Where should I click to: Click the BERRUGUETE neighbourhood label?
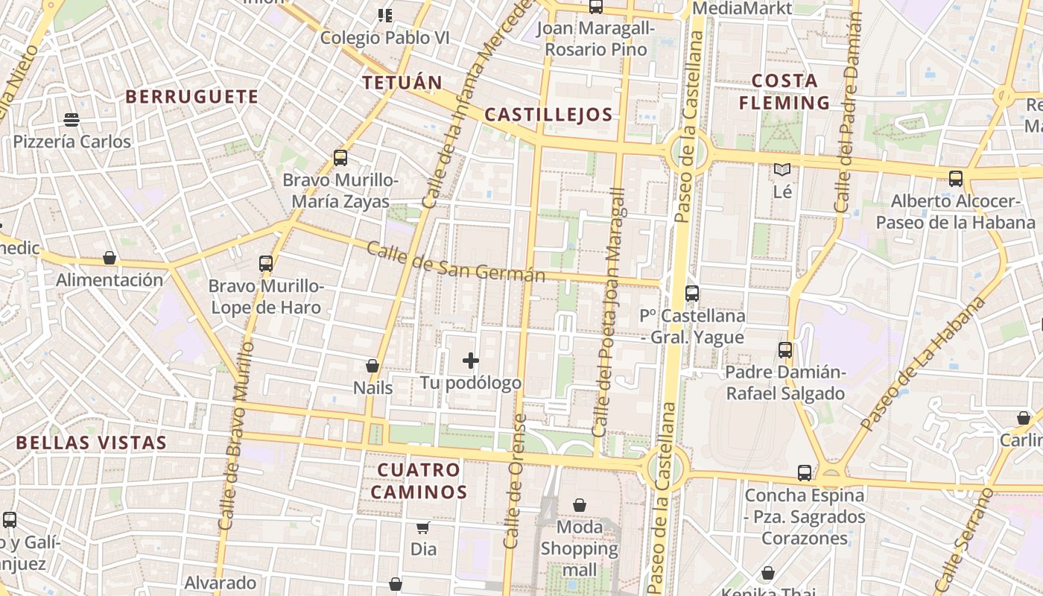(x=191, y=97)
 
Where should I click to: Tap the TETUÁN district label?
(x=402, y=83)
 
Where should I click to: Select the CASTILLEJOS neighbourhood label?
(x=548, y=115)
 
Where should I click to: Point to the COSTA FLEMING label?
(x=784, y=92)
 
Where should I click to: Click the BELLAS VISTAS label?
(x=92, y=443)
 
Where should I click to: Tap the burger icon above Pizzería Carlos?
(x=72, y=120)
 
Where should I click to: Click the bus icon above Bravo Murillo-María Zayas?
(x=340, y=158)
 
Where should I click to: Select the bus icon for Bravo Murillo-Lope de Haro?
(x=266, y=263)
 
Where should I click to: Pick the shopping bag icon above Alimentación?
(x=110, y=258)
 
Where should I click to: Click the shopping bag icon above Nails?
(x=372, y=366)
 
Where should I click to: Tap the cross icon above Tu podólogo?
(x=471, y=361)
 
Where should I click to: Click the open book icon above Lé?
(x=782, y=170)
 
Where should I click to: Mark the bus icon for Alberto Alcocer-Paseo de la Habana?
(x=956, y=179)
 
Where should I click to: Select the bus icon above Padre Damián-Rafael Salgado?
(x=785, y=349)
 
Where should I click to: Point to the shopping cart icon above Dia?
(x=423, y=527)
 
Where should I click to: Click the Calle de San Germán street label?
(x=456, y=263)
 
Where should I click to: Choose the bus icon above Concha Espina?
(x=805, y=472)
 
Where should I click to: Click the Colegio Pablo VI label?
(x=385, y=37)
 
